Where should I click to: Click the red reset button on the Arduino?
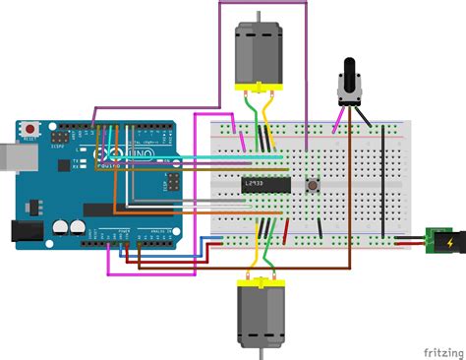point(29,129)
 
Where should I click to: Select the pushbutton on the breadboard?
point(313,183)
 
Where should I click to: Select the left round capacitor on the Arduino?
point(60,226)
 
